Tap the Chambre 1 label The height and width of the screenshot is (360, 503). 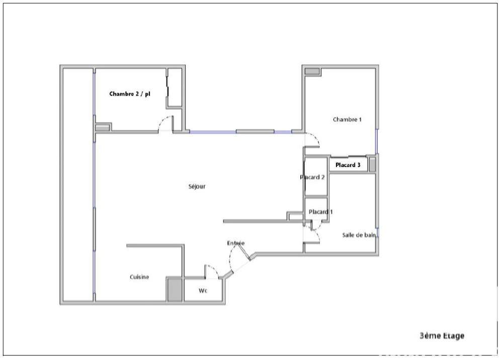pyautogui.click(x=347, y=120)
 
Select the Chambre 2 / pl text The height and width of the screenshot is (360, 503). pyautogui.click(x=130, y=94)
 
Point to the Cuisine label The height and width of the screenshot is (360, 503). pyautogui.click(x=139, y=277)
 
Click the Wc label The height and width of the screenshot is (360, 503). pyautogui.click(x=203, y=291)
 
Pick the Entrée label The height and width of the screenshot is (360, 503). pyautogui.click(x=235, y=243)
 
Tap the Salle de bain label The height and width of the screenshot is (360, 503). pyautogui.click(x=359, y=235)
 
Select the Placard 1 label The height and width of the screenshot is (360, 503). pyautogui.click(x=320, y=212)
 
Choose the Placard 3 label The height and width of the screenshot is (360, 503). pyautogui.click(x=348, y=165)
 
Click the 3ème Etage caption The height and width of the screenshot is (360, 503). pyautogui.click(x=442, y=335)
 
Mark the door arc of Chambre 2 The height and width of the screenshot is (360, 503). pyautogui.click(x=165, y=124)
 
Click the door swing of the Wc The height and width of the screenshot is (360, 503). pyautogui.click(x=211, y=271)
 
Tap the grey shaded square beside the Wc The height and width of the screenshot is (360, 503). pyautogui.click(x=175, y=290)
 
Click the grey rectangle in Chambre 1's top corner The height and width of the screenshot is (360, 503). pyautogui.click(x=312, y=71)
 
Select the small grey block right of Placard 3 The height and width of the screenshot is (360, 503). pyautogui.click(x=373, y=164)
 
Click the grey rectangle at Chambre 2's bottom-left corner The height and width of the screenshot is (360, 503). pyautogui.click(x=102, y=128)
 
